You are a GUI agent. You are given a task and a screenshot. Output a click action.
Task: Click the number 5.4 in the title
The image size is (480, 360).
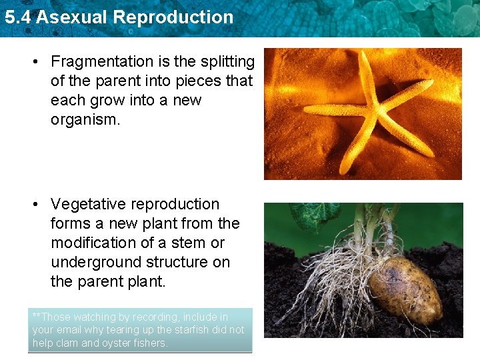pos(17,17)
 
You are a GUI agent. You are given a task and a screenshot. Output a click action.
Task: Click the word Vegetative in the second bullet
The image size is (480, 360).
pos(88,205)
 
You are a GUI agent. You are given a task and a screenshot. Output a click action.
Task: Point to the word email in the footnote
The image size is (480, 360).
pos(69,330)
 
